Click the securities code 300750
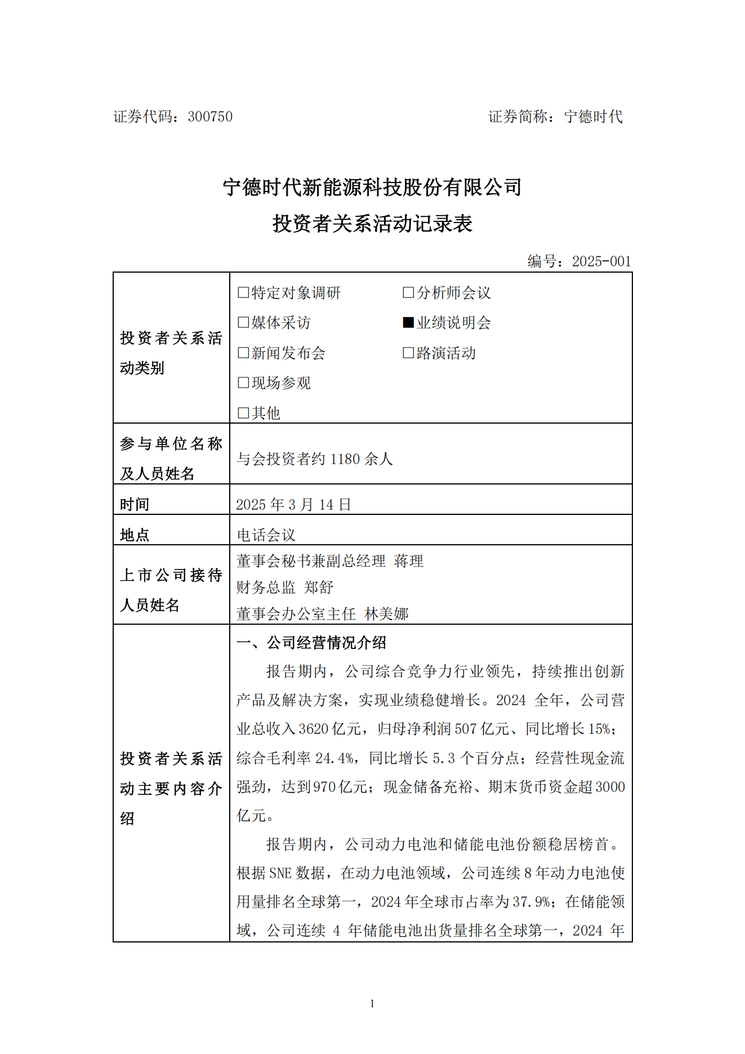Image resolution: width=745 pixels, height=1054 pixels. click(x=210, y=117)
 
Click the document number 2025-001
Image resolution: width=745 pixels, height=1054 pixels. click(x=601, y=261)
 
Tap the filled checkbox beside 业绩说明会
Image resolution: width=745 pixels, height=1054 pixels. click(x=408, y=322)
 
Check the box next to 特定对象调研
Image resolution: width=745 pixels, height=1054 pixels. click(x=243, y=292)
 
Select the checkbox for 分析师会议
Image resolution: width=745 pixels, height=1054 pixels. click(x=408, y=292)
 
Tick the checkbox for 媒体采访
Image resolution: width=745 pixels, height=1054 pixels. click(x=243, y=322)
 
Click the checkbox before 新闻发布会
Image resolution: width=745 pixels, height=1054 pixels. click(x=243, y=353)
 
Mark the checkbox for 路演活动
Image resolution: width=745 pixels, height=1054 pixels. click(x=408, y=353)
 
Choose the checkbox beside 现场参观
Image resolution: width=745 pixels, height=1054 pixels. click(x=243, y=383)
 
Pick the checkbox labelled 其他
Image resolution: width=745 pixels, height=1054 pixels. click(x=243, y=413)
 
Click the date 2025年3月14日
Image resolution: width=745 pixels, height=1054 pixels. click(x=293, y=504)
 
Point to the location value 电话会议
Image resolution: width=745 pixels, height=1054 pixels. click(x=266, y=535)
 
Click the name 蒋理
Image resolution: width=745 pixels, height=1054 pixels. click(x=409, y=561)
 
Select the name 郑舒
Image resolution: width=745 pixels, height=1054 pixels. click(x=319, y=588)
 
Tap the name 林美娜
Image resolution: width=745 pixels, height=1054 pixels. click(x=386, y=613)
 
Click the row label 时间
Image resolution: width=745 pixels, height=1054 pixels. click(x=135, y=504)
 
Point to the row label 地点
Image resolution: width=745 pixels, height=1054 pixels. click(x=135, y=535)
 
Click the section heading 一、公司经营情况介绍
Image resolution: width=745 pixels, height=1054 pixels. click(x=311, y=643)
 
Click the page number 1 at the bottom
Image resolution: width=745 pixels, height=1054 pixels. click(x=372, y=1003)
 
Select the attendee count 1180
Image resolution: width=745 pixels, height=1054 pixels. click(x=345, y=459)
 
